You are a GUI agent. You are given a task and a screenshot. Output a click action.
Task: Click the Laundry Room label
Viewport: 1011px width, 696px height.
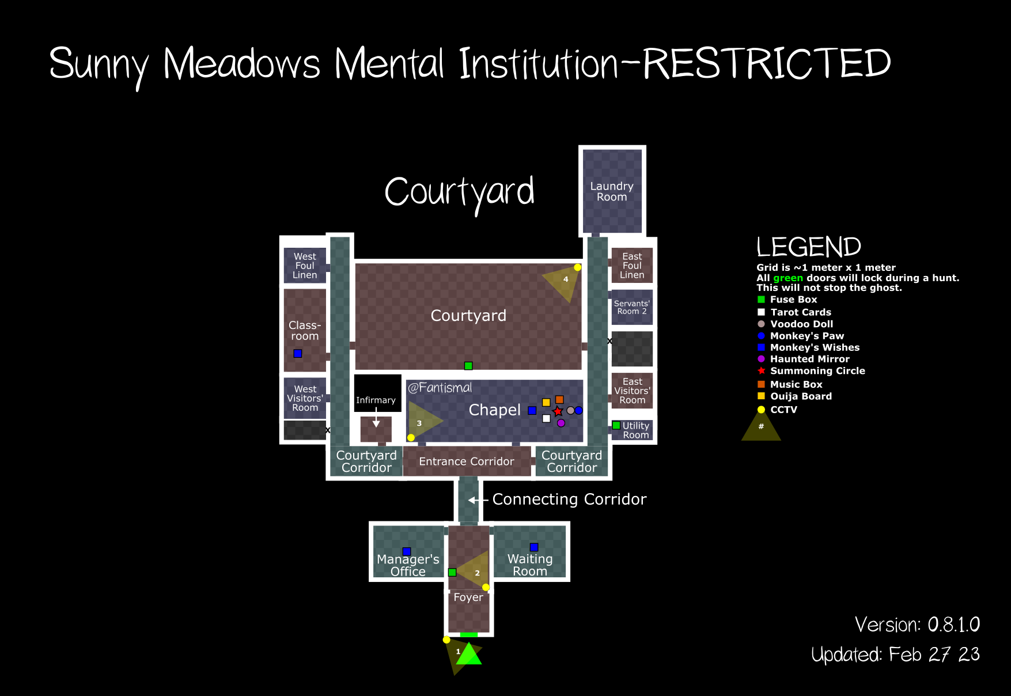click(x=612, y=191)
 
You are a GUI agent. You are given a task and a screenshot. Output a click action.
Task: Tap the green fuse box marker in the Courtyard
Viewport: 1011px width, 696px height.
click(x=468, y=366)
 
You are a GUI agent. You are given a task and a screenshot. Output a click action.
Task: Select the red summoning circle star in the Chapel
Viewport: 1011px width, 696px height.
click(x=558, y=411)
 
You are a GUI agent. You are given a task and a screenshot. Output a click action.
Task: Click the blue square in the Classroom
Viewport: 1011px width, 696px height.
click(x=298, y=353)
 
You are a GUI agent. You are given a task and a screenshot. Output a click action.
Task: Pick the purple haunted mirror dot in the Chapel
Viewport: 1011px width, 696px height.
click(x=561, y=423)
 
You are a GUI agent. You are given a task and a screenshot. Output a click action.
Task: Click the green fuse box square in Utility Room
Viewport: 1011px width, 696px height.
click(x=616, y=425)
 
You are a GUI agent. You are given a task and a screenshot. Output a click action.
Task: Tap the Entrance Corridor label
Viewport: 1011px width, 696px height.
click(x=467, y=462)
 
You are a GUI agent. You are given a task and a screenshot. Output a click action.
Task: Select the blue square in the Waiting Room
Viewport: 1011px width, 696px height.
click(x=534, y=547)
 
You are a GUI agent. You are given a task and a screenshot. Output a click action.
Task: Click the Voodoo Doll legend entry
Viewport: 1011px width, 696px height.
click(x=801, y=324)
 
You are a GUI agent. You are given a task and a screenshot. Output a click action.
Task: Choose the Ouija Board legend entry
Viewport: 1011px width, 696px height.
click(x=801, y=396)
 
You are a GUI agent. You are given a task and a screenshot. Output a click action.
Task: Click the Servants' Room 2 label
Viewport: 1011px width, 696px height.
click(x=632, y=307)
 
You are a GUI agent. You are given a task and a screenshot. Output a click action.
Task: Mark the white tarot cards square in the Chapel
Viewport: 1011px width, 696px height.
click(x=546, y=418)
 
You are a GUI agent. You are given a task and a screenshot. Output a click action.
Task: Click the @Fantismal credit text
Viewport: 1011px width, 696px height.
click(x=440, y=388)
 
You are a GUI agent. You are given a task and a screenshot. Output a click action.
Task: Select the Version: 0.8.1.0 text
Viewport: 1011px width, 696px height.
click(x=917, y=625)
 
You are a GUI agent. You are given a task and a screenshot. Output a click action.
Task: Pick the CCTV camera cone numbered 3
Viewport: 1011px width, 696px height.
click(x=422, y=422)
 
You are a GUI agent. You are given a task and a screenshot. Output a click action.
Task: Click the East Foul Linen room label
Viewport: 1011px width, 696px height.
click(x=632, y=266)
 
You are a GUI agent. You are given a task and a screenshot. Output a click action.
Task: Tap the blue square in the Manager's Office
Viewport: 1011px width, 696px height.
click(x=407, y=551)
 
